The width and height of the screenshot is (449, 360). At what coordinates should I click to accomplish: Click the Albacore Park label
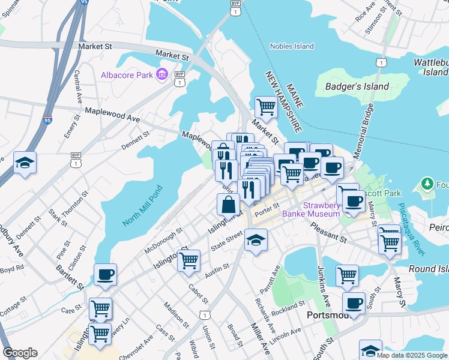[126, 74]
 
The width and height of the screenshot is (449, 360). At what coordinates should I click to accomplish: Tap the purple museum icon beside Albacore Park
[161, 74]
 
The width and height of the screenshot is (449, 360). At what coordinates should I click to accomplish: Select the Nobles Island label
[292, 46]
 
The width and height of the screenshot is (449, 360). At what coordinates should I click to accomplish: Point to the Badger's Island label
[350, 86]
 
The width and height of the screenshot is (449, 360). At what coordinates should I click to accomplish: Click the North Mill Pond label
[142, 206]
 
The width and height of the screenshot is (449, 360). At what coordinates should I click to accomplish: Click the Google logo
[20, 353]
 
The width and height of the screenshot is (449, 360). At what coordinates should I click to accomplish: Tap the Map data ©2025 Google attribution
[412, 355]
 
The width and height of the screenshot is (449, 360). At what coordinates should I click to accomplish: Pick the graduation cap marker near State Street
[256, 241]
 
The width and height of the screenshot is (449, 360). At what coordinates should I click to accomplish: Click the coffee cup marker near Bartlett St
[105, 274]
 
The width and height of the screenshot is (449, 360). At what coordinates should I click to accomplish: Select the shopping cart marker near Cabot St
[188, 260]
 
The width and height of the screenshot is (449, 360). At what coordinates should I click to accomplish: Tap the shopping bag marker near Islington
[229, 205]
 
